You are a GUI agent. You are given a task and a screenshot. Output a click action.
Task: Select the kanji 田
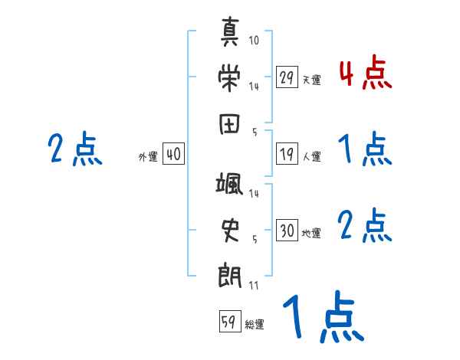point(231,123)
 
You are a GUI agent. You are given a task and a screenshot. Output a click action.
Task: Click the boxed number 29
point(286,77)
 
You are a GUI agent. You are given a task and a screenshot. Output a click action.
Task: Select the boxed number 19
point(286,154)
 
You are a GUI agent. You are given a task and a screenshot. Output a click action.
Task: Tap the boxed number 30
point(286,231)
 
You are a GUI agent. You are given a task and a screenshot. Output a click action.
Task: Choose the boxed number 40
point(173,154)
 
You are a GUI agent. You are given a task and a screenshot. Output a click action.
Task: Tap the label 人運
point(311,157)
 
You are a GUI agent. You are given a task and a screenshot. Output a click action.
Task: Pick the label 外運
point(148,157)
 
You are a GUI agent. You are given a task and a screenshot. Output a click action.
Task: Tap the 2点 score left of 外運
point(75,148)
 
